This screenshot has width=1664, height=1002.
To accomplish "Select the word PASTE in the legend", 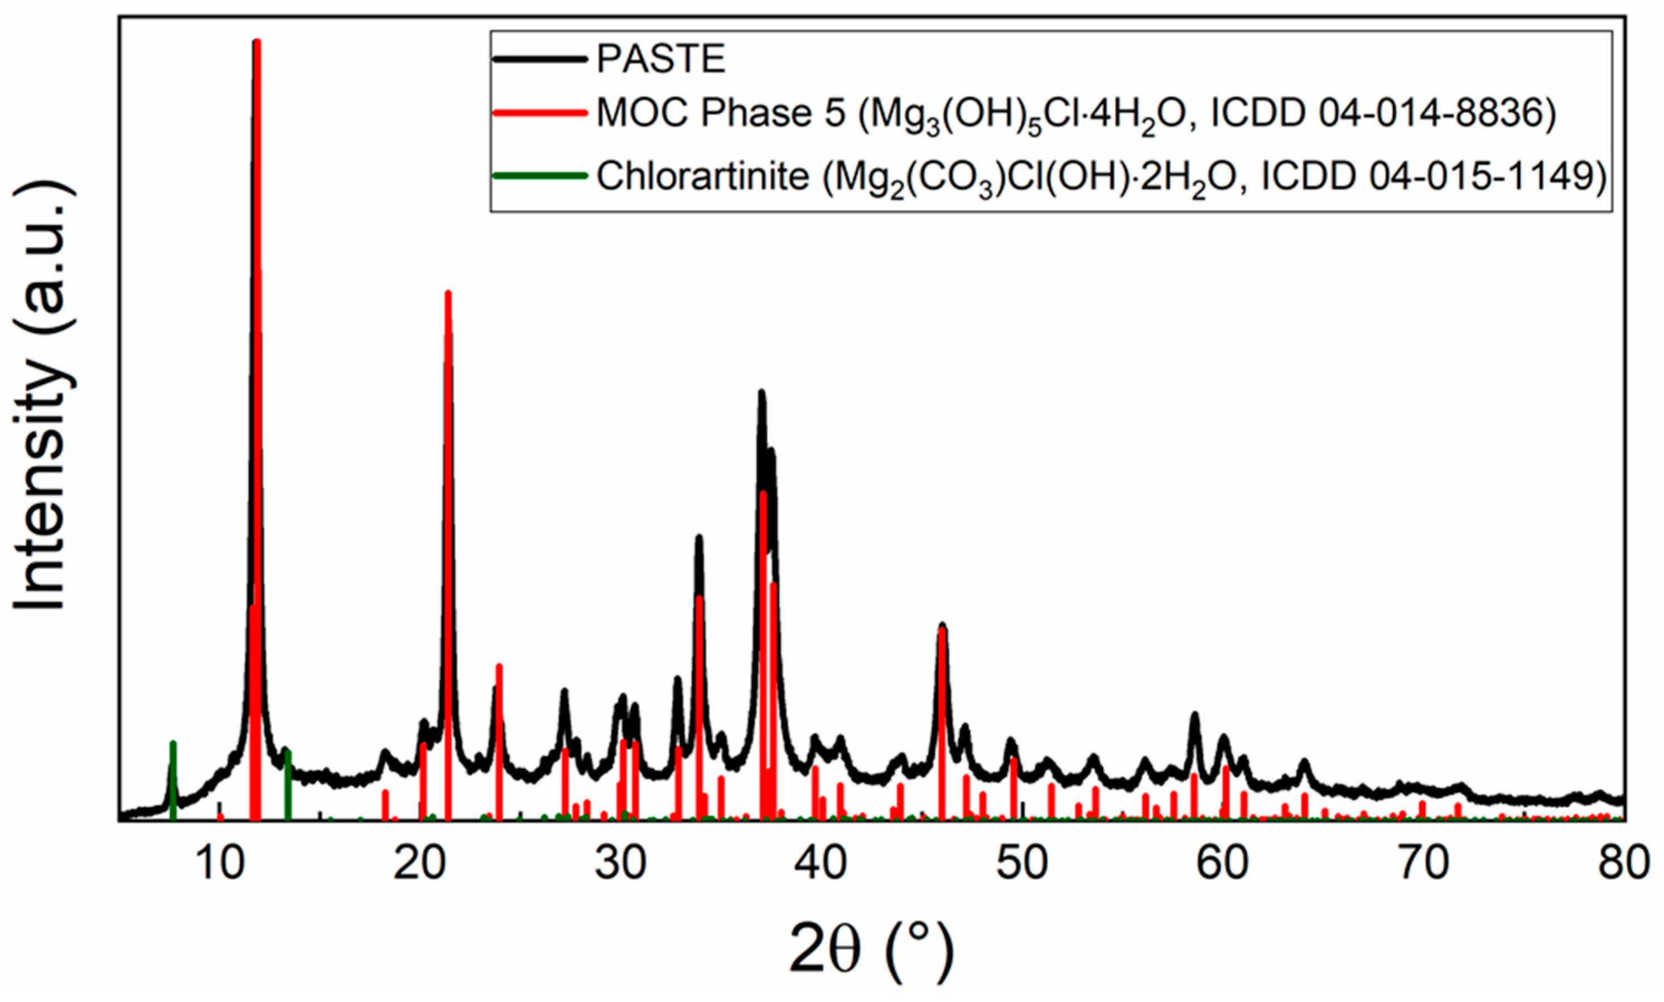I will (x=660, y=60).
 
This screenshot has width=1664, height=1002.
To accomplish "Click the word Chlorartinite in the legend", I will (x=702, y=177).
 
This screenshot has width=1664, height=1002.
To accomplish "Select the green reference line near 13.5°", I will (x=288, y=783).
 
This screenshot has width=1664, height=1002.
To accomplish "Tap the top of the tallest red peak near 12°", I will (x=257, y=42).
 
